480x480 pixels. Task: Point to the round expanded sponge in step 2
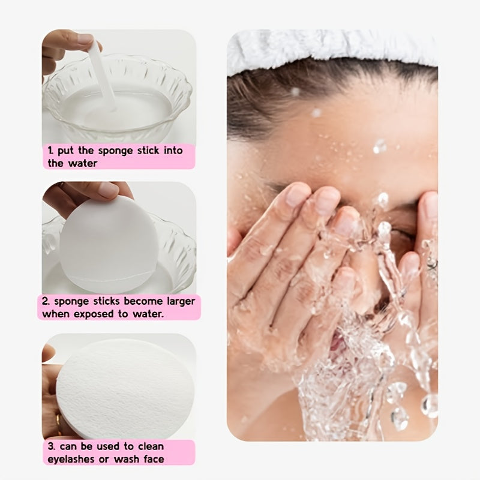coord(109,244)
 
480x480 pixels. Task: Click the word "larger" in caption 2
coord(181,302)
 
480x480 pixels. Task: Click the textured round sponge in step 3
coord(125,389)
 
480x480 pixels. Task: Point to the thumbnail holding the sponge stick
coord(85,39)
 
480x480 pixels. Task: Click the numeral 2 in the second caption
coord(46,301)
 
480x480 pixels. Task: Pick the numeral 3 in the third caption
coord(52,446)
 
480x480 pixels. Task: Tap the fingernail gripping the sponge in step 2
coord(109,190)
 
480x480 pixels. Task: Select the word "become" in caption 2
coord(143,301)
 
